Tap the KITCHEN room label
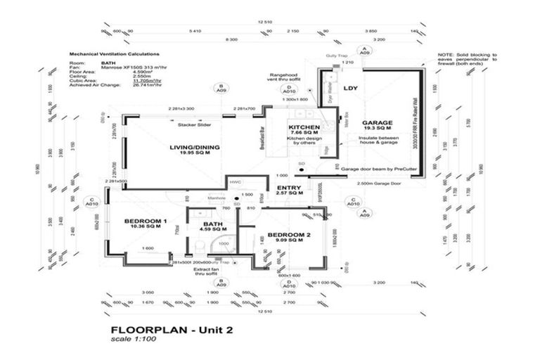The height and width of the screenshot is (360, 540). tap(304, 128)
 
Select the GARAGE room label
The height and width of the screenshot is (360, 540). tap(377, 122)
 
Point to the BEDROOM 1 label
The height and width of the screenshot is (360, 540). tap(145, 221)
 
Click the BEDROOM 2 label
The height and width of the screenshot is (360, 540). tap(289, 234)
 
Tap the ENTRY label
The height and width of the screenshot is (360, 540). tap(289, 188)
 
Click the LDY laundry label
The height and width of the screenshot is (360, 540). tap(350, 89)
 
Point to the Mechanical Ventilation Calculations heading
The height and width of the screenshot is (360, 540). tap(114, 53)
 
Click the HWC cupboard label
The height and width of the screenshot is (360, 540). tap(235, 181)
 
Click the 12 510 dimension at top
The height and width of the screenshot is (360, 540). tap(265, 22)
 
